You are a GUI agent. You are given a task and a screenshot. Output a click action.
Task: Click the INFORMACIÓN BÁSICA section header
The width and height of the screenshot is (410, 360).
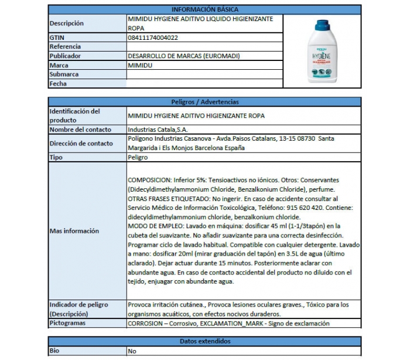(204, 9)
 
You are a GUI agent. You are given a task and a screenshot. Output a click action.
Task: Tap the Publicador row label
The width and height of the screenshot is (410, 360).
(65, 56)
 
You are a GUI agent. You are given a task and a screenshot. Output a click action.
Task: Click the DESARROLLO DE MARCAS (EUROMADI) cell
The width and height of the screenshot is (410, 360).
(183, 56)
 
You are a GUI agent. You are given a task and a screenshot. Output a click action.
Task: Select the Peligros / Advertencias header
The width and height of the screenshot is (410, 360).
(204, 102)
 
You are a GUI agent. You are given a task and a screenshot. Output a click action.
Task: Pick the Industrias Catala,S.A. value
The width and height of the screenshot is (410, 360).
(158, 129)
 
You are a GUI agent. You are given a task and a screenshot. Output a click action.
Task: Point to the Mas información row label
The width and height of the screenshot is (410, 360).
(74, 231)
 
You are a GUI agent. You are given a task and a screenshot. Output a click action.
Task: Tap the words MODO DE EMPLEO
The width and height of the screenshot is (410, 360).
(150, 226)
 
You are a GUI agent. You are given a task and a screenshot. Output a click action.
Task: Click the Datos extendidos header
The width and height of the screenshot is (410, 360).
(204, 341)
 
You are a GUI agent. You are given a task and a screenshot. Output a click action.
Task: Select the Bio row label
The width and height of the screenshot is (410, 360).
(55, 351)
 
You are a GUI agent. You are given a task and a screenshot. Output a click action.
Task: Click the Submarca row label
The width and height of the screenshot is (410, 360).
(64, 74)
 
